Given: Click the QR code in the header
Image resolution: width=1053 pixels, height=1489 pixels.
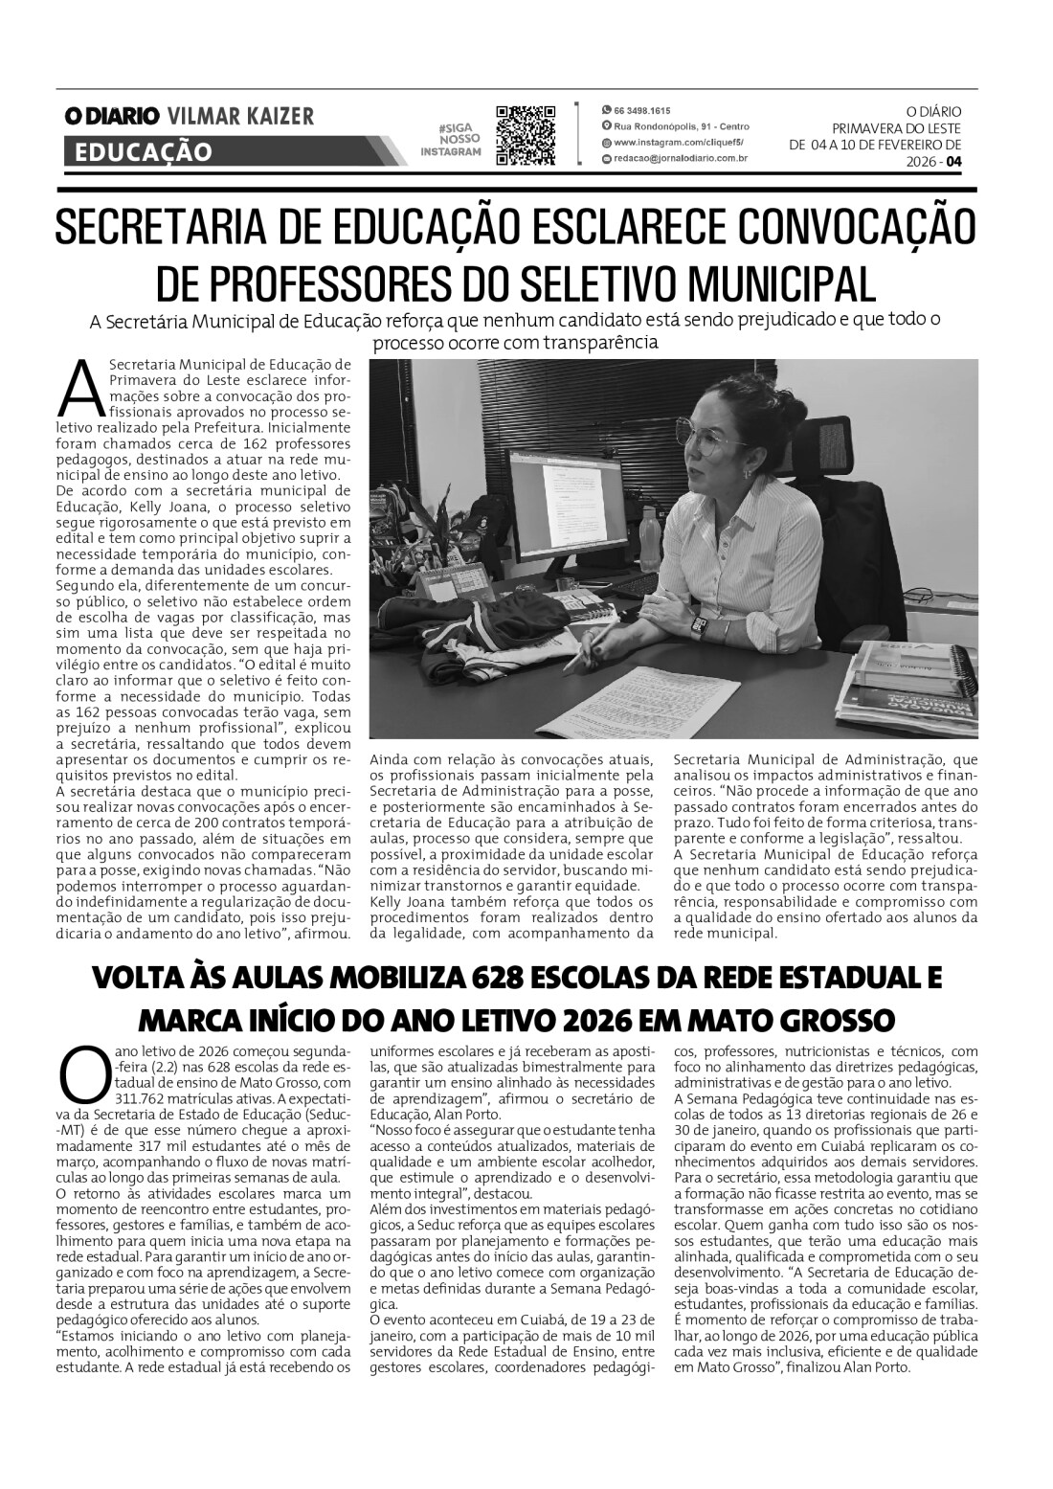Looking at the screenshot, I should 526,136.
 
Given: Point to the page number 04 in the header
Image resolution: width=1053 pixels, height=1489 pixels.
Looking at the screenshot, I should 953,162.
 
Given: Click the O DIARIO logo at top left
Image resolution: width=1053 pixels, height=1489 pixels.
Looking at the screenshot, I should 112,117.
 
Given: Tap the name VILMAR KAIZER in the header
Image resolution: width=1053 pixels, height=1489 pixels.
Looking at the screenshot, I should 240,117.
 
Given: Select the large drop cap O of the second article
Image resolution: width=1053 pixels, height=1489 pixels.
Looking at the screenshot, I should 79,1075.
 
